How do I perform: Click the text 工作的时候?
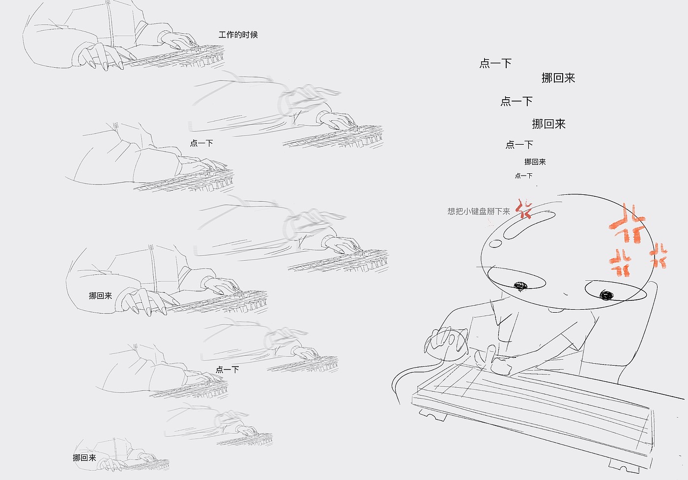238,35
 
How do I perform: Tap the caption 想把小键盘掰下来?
479,212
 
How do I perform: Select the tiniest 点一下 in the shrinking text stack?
523,176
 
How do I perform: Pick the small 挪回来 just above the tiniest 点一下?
535,162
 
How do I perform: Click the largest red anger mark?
628,226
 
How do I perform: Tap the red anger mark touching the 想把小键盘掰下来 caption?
524,210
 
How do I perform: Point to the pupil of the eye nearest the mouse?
519,285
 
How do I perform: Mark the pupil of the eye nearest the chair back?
606,294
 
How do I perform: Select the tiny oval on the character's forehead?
495,243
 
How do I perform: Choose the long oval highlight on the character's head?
529,225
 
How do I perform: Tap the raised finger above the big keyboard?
491,353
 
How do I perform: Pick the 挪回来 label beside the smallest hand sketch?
85,458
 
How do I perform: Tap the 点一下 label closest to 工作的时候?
201,143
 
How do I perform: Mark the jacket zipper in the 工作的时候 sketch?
111,25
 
